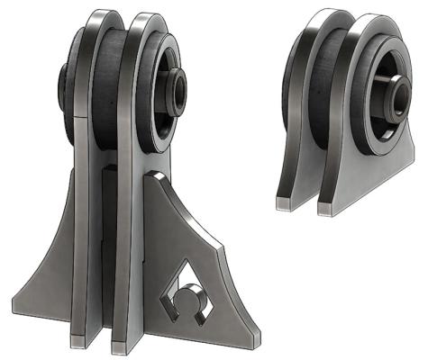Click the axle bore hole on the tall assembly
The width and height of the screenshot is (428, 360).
pos(180,86)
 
